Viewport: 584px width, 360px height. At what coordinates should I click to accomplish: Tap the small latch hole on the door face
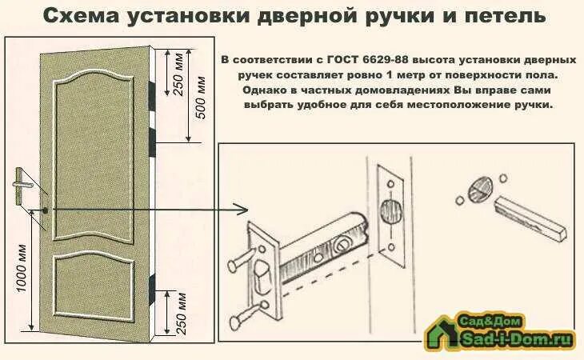coord(46,210)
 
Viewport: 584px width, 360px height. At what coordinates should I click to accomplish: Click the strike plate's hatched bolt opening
coord(389,213)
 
